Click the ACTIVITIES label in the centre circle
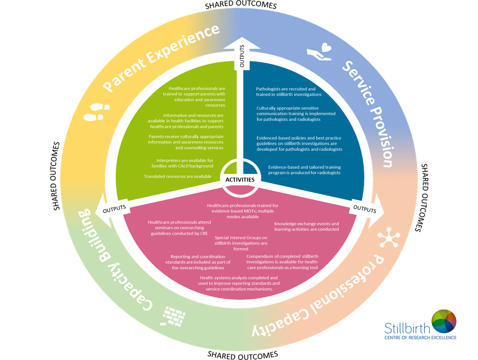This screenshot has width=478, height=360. click(239, 180)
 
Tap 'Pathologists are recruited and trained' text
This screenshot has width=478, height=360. click(289, 91)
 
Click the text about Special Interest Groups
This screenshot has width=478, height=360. click(240, 243)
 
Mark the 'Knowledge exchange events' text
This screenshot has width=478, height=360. click(306, 226)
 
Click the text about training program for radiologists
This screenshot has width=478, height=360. click(304, 170)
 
